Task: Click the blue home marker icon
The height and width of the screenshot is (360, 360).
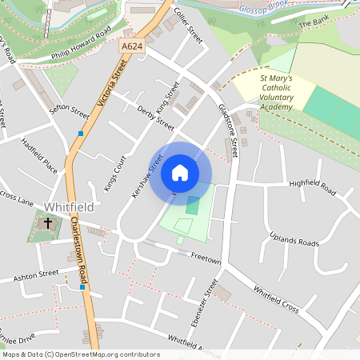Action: (x=180, y=172)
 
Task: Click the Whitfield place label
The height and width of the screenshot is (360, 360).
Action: (x=69, y=206)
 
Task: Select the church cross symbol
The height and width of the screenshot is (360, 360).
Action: (x=48, y=223)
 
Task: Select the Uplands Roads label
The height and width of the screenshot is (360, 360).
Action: (x=294, y=238)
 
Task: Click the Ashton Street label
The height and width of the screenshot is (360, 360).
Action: (x=37, y=274)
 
